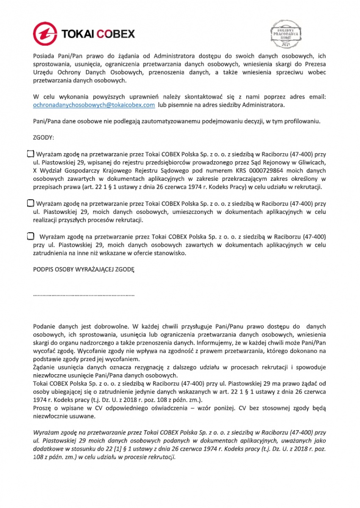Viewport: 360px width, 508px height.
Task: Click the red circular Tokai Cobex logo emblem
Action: (x=45, y=33)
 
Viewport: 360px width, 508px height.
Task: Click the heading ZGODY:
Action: (x=44, y=138)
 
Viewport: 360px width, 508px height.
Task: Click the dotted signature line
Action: (x=83, y=294)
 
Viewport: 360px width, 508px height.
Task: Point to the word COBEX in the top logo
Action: (x=116, y=34)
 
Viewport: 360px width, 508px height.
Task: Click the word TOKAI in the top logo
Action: (x=77, y=34)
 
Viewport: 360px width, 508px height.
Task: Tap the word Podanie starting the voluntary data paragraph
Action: (x=44, y=326)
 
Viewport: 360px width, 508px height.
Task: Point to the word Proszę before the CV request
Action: (x=42, y=408)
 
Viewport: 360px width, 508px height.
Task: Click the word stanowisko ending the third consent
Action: (x=169, y=253)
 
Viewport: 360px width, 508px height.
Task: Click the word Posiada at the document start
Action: (x=44, y=56)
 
